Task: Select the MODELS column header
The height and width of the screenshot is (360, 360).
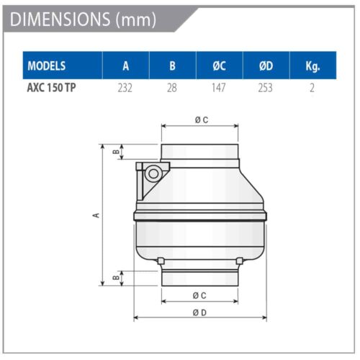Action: pos(47,66)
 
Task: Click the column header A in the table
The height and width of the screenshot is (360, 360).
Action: pos(125,66)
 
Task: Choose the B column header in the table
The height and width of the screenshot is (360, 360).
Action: pos(172,66)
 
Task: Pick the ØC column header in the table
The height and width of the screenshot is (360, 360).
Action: pos(220,66)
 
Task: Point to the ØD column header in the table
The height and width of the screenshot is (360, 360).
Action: pos(266,66)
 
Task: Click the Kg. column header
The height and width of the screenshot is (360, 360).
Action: pos(312,66)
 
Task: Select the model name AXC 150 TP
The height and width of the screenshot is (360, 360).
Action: pos(50,88)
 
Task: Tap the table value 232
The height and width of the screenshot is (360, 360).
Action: pos(125,88)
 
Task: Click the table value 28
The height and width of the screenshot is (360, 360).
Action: pos(172,88)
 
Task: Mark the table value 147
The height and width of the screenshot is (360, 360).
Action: pos(220,88)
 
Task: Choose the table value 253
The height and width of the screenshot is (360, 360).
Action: pos(266,88)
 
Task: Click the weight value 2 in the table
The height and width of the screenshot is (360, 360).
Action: pos(312,88)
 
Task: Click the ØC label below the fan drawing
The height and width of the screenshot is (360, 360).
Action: pos(200,295)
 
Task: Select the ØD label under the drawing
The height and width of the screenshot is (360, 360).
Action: pos(200,312)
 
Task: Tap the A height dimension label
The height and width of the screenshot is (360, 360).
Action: pos(96,214)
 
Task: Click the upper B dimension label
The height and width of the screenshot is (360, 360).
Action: pos(115,152)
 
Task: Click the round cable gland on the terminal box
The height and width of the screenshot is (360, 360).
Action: pos(153,174)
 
